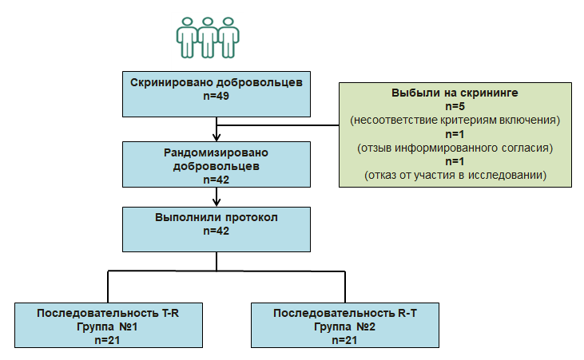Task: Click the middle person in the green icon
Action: tap(208, 37)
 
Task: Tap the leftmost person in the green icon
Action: tap(187, 37)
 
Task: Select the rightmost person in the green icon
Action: tap(229, 37)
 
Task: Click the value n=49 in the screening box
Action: tap(217, 97)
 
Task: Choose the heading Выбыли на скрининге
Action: tap(454, 93)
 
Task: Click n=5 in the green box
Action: tap(454, 106)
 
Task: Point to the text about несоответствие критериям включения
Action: tap(454, 121)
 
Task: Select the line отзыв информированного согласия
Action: tap(454, 148)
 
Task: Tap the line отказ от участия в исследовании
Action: tap(454, 176)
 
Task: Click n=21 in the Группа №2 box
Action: tap(344, 340)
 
